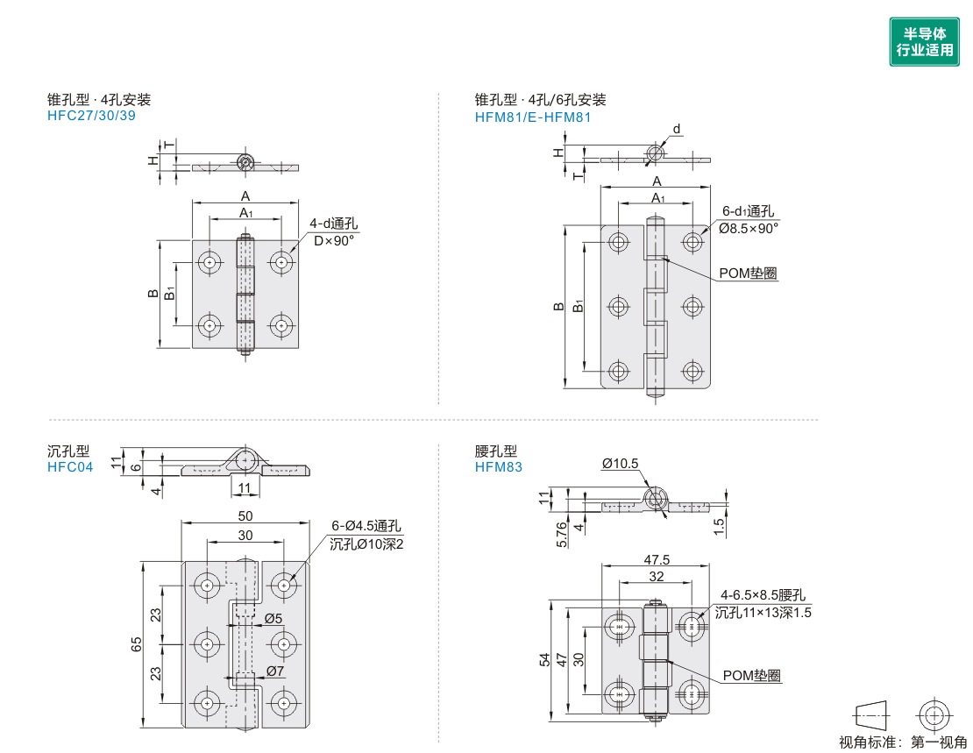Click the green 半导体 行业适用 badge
(x=924, y=41)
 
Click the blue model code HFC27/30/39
(x=91, y=116)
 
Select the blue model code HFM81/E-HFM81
(x=532, y=117)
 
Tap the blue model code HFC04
(x=70, y=467)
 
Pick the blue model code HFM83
(x=498, y=467)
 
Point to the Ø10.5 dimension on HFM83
(x=620, y=464)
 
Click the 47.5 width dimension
(x=656, y=559)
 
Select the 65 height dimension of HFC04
(x=137, y=644)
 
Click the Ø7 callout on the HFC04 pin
(x=275, y=671)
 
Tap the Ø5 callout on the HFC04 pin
(x=273, y=618)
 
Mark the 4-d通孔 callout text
(x=334, y=224)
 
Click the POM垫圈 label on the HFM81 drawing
(x=748, y=273)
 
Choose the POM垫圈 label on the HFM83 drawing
(x=751, y=675)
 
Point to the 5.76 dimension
(x=562, y=535)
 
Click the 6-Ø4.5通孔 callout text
(x=366, y=526)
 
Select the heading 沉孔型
(x=68, y=451)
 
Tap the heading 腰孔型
(x=496, y=451)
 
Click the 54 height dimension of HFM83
(x=544, y=659)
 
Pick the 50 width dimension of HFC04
(x=245, y=515)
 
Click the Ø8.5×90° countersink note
(x=749, y=229)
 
